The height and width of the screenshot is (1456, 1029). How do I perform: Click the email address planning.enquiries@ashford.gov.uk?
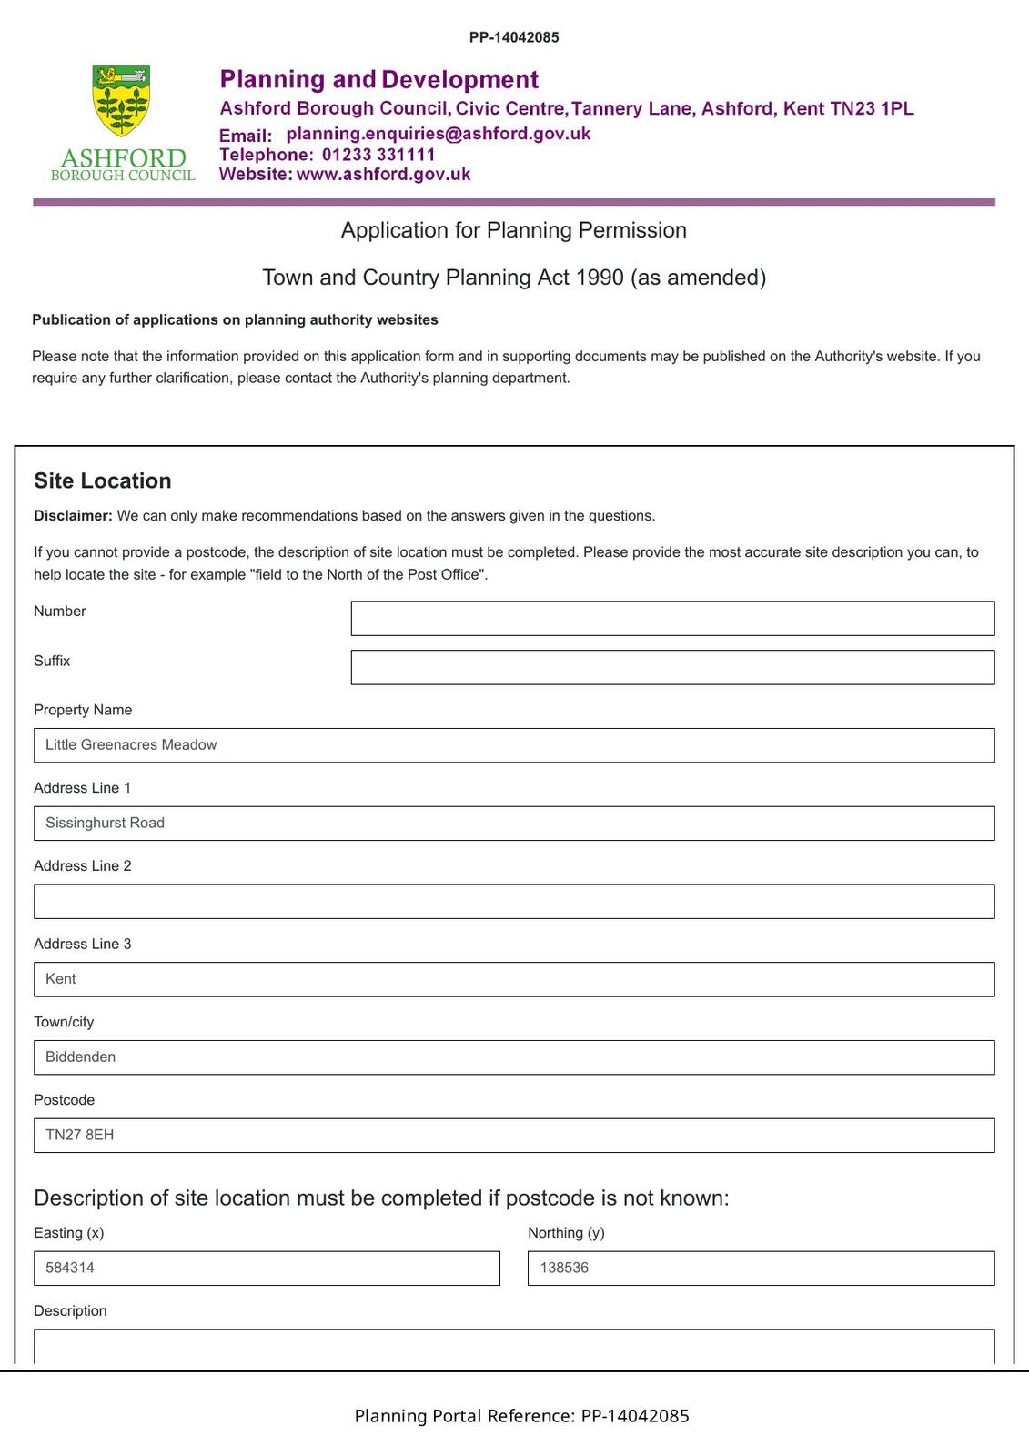click(x=438, y=134)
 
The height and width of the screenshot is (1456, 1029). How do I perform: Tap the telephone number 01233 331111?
click(x=378, y=155)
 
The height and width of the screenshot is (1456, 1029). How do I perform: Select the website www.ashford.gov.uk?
click(x=383, y=175)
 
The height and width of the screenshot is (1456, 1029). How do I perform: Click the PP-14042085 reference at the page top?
click(x=514, y=37)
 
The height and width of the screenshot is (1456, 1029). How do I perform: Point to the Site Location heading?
click(x=103, y=480)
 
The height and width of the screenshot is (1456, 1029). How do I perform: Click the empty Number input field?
click(x=672, y=618)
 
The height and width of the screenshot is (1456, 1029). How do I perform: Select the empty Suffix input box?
click(x=672, y=667)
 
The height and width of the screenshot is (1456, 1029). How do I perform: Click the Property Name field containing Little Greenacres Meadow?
click(x=514, y=745)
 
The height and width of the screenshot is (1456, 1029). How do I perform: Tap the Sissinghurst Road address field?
click(x=514, y=824)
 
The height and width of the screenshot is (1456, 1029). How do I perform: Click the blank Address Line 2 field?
click(x=514, y=901)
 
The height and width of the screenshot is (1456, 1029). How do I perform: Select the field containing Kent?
click(x=514, y=979)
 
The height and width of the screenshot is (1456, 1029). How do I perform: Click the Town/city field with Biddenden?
click(x=514, y=1057)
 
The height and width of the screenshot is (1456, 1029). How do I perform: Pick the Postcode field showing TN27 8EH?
click(x=514, y=1136)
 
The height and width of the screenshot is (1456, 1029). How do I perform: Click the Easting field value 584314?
click(x=267, y=1269)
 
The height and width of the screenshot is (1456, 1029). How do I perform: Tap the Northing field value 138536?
click(x=761, y=1269)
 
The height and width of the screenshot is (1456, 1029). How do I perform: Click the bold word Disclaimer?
click(x=73, y=516)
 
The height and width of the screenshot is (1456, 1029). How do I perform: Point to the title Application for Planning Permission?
click(x=514, y=230)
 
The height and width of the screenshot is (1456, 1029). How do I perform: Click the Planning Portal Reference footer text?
click(x=521, y=1416)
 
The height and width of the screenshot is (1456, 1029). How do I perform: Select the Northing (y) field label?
click(x=566, y=1233)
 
